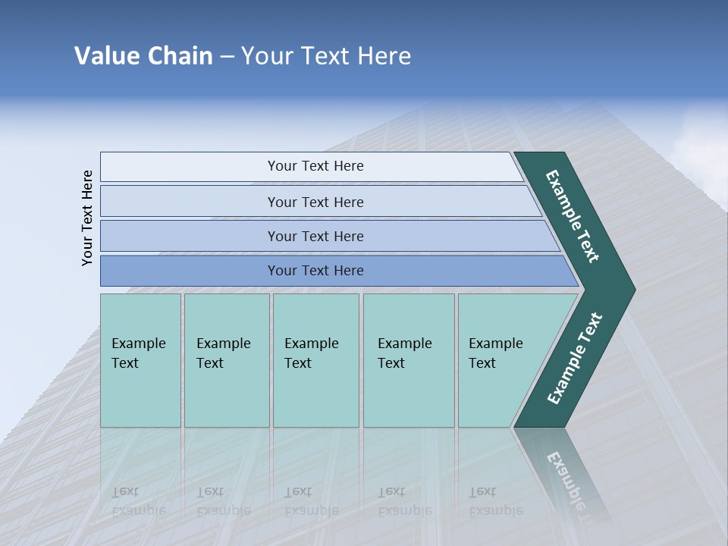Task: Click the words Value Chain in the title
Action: pyautogui.click(x=143, y=56)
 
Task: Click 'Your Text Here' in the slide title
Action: pyautogui.click(x=325, y=56)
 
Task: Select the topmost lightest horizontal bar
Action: pyautogui.click(x=227, y=167)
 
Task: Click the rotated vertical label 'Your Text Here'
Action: pyautogui.click(x=87, y=218)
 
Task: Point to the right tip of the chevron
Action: pyautogui.click(x=631, y=290)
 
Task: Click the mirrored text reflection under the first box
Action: pyautogui.click(x=138, y=501)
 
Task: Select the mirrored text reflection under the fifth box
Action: pyautogui.click(x=495, y=501)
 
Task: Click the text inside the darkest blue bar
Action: pyautogui.click(x=315, y=271)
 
